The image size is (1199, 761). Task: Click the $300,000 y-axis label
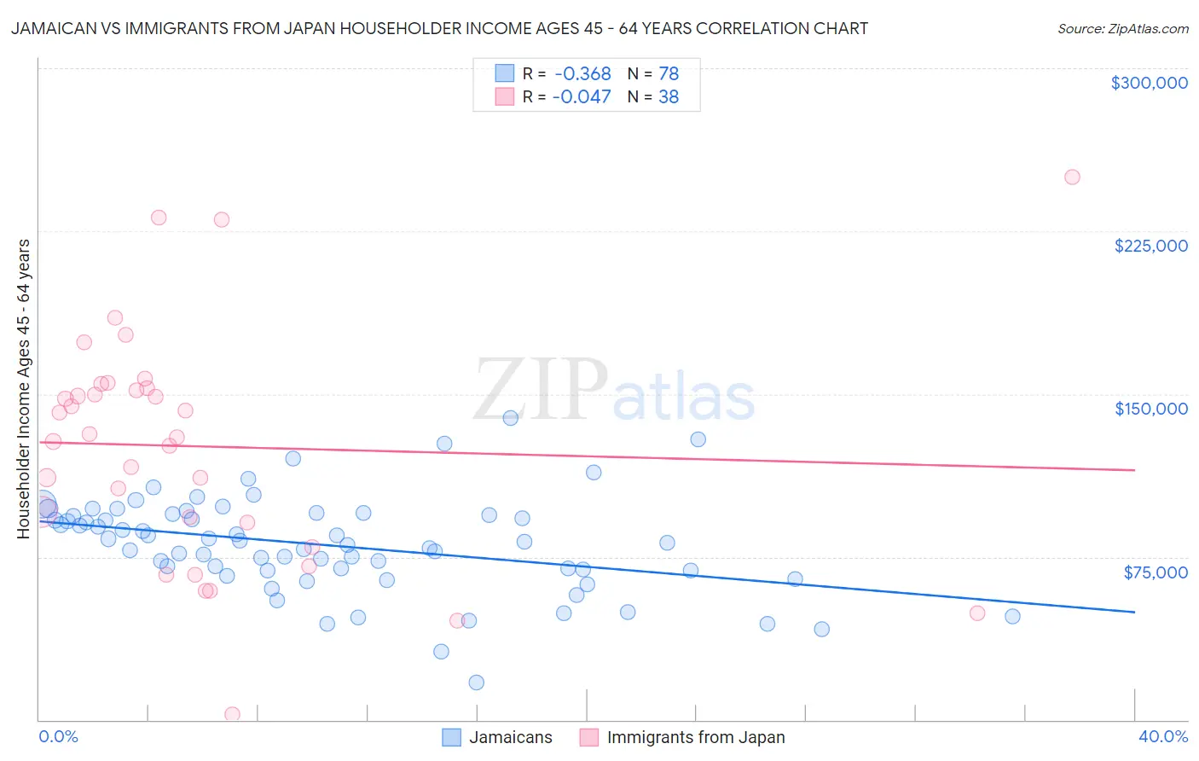[1149, 83]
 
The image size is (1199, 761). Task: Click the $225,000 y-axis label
[1150, 246]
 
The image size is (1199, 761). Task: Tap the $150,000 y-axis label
[1150, 409]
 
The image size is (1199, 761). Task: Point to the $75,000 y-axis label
[1155, 572]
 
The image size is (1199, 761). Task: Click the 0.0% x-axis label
[58, 736]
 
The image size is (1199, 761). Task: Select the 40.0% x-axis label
[1162, 736]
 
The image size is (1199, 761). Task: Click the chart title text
[439, 28]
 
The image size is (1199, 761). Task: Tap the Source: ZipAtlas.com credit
[1122, 28]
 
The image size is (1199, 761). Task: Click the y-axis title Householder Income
[23, 388]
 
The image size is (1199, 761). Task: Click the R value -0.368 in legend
[582, 73]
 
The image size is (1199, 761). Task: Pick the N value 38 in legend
[669, 97]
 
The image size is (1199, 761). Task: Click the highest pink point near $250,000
[1072, 177]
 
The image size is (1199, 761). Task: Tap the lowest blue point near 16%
[476, 683]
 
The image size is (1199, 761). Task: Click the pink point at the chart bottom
[232, 714]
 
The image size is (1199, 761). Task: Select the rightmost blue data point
[1012, 616]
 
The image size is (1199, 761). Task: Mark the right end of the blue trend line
[1134, 612]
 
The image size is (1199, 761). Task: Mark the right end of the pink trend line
[1134, 470]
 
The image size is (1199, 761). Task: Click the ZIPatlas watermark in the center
[614, 391]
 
